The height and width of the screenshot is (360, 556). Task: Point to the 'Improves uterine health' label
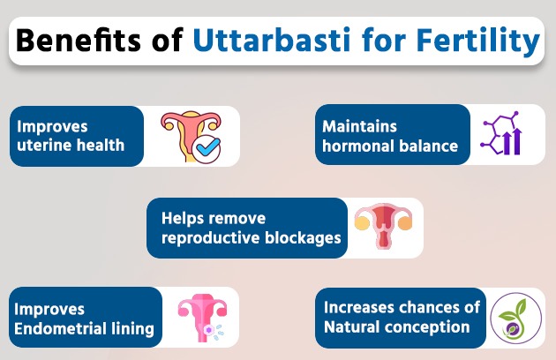tap(76, 136)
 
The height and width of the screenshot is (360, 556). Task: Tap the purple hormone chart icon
tap(500, 135)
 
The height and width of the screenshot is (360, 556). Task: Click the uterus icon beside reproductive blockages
tap(382, 228)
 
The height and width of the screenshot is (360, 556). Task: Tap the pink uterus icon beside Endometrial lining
tap(202, 318)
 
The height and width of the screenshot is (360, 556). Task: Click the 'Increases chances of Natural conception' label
tap(401, 317)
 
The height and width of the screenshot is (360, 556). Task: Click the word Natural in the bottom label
tap(355, 327)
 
